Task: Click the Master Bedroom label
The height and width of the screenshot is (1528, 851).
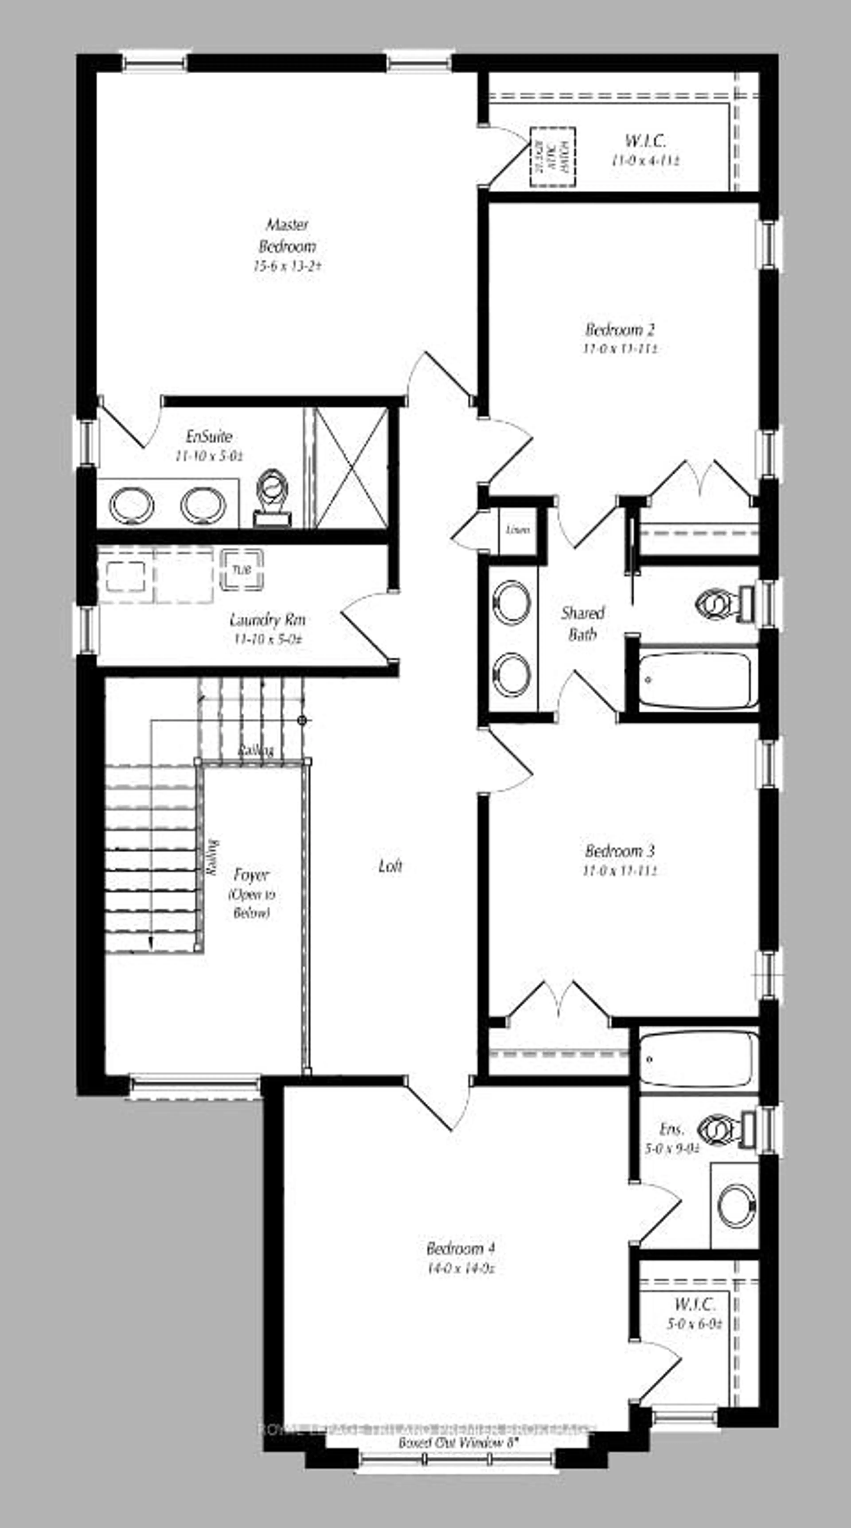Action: click(287, 235)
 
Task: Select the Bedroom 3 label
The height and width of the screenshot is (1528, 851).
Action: click(620, 851)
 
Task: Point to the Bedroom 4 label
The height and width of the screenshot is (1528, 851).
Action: click(460, 1249)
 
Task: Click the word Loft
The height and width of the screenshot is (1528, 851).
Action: click(390, 866)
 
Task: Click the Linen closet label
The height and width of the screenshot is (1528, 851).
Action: click(518, 530)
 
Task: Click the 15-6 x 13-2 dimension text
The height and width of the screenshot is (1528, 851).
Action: click(287, 266)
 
